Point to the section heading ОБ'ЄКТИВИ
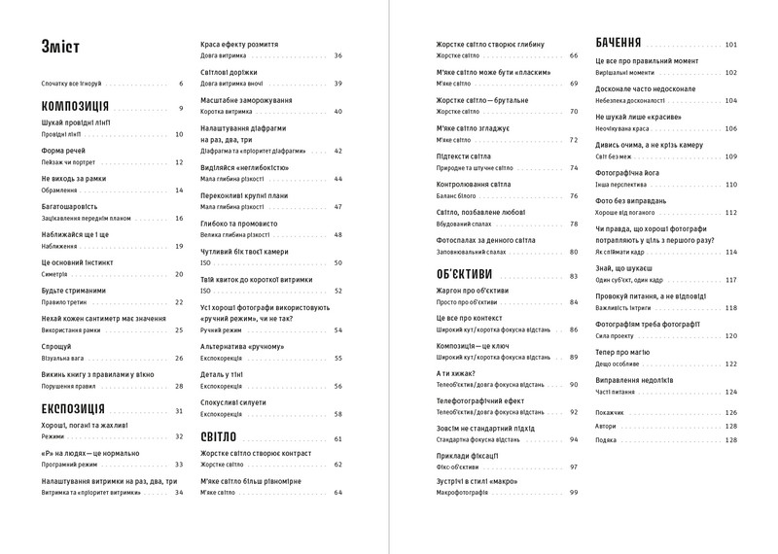pos(464,275)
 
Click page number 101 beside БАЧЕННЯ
pos(730,45)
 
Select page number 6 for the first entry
pos(180,84)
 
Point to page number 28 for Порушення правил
pos(179,386)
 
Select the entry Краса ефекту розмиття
pos(238,44)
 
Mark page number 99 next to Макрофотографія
pos(573,493)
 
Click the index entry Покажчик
pos(610,412)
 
